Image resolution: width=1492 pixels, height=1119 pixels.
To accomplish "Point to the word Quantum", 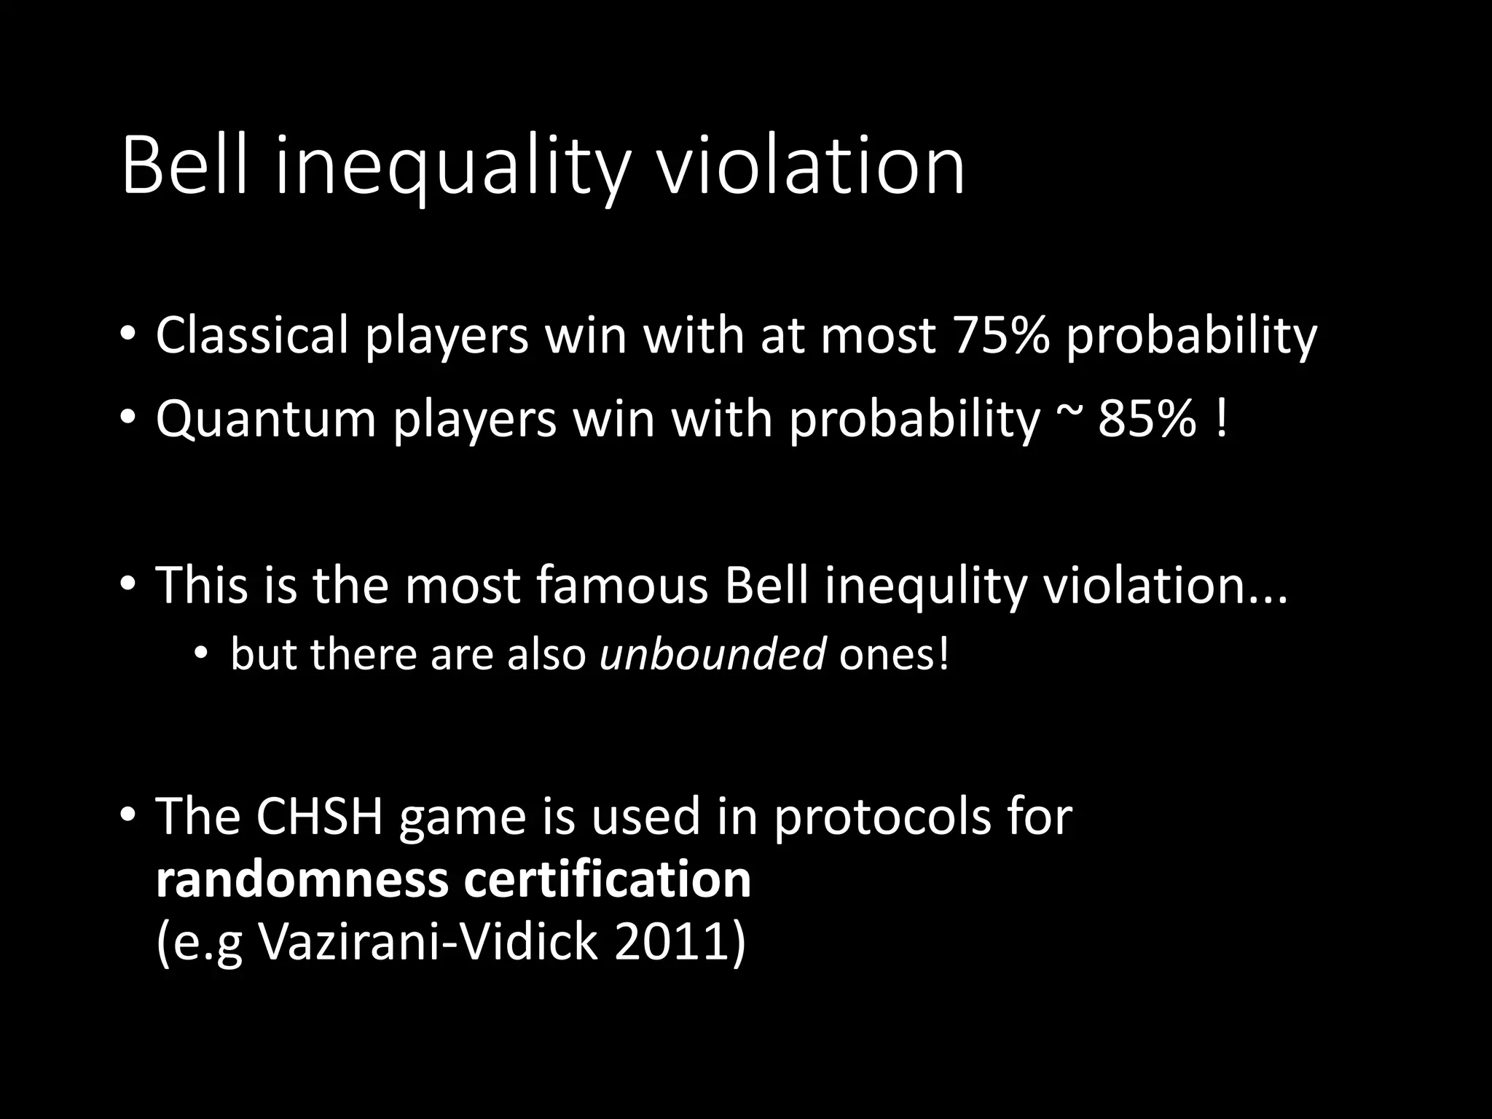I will pos(265,420).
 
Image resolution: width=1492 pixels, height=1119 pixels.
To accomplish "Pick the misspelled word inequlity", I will pos(925,586).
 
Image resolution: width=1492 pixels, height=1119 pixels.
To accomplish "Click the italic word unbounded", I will pos(712,653).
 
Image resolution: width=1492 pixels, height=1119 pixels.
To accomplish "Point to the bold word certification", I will pos(607,879).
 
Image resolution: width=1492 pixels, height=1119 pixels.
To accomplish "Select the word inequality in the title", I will pos(449,169).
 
